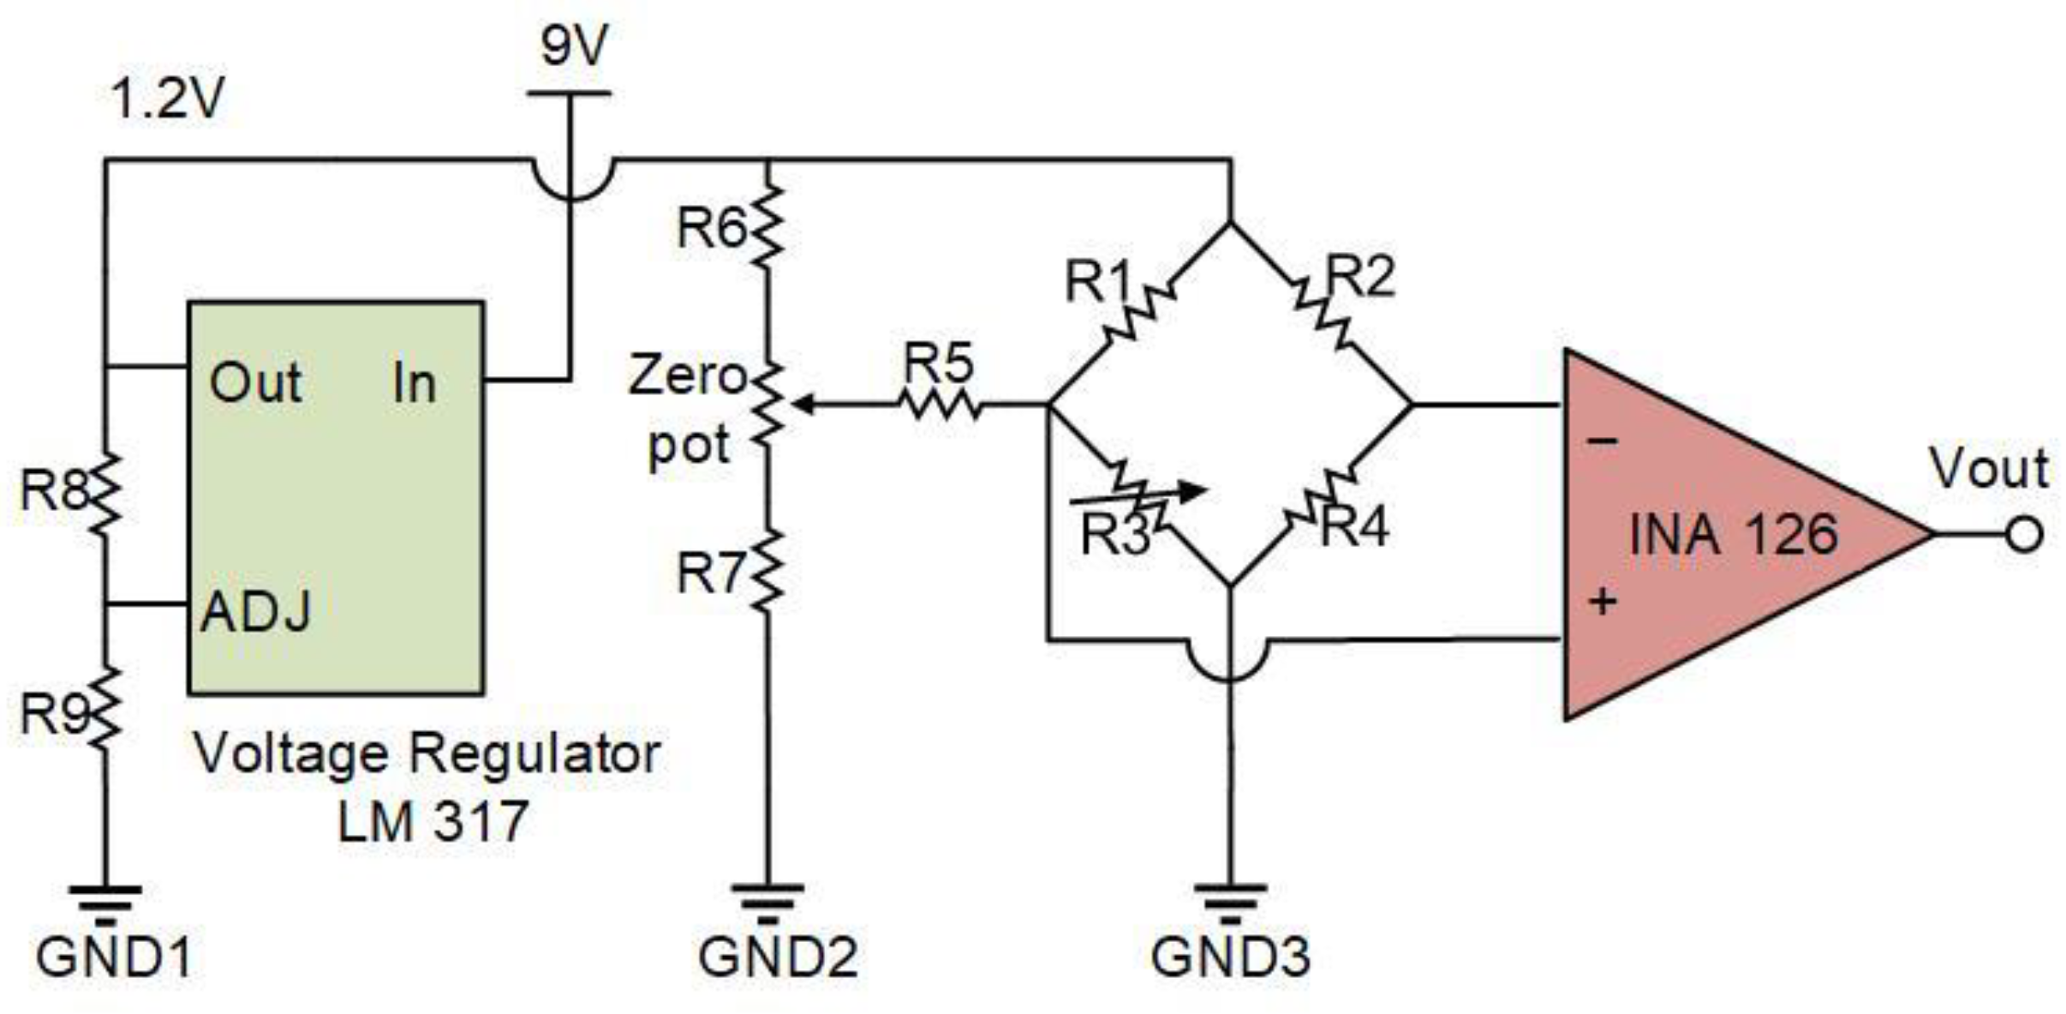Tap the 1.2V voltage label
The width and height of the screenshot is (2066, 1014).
point(167,98)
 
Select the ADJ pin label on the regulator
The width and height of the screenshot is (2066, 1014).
point(255,612)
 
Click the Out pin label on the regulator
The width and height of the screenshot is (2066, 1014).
point(255,382)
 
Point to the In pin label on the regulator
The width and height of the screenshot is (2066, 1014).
point(415,382)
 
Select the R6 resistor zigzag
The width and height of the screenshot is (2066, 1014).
point(767,225)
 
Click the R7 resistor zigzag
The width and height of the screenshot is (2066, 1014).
point(767,570)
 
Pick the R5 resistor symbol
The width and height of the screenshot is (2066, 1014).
point(940,404)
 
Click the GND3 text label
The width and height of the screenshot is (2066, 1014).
point(1230,957)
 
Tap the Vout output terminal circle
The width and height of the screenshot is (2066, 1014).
point(2025,534)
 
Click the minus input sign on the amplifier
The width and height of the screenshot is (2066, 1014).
point(1603,441)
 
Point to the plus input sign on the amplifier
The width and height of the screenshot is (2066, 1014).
point(1603,602)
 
